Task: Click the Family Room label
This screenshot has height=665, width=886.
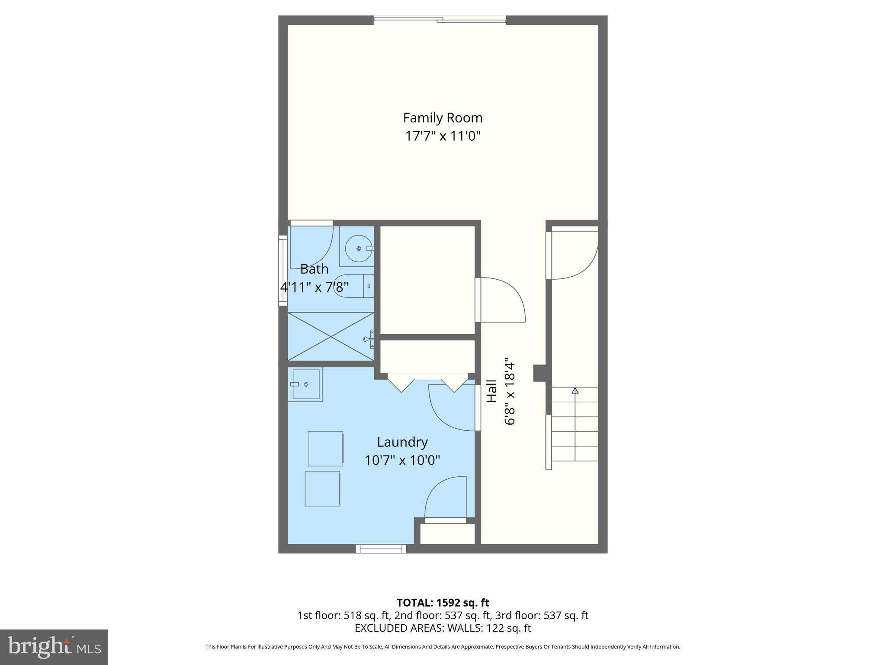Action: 443,118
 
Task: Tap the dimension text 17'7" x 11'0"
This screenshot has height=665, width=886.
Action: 443,136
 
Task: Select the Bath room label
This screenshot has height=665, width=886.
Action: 314,269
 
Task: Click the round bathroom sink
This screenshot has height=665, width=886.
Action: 359,248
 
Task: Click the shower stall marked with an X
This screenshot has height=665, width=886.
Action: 331,336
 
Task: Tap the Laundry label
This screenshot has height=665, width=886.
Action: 402,442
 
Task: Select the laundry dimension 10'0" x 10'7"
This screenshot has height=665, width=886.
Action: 402,460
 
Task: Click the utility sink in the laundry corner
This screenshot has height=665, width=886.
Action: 305,384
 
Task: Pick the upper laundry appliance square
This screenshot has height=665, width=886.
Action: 325,449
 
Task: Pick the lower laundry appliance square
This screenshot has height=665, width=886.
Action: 322,489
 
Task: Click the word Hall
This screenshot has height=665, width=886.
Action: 491,391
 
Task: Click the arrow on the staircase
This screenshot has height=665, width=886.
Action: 575,391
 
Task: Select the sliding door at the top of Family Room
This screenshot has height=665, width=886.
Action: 440,19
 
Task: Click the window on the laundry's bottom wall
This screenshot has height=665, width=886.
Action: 381,549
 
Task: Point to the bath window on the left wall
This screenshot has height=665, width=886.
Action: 282,271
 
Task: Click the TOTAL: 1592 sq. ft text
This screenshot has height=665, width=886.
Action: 443,603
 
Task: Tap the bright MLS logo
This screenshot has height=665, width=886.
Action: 54,647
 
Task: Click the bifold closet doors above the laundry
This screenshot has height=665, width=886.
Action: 427,383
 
